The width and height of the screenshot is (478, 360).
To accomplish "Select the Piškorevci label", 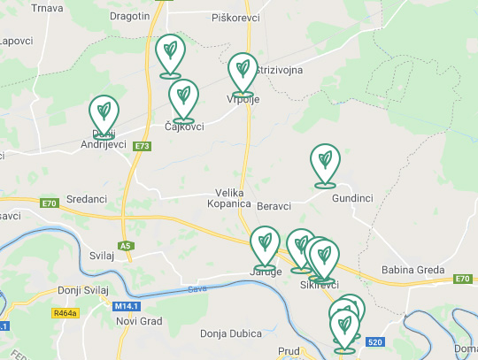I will click(234, 17).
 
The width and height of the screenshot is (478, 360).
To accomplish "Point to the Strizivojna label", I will click(279, 69).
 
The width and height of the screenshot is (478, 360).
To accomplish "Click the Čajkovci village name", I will click(184, 126).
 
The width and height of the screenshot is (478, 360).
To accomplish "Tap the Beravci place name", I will click(274, 206).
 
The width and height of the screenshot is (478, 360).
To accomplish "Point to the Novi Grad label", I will click(137, 319).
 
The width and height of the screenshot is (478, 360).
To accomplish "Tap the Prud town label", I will click(289, 351).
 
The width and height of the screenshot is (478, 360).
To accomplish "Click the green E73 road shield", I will click(143, 146).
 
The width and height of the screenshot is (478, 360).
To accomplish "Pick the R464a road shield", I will click(66, 313).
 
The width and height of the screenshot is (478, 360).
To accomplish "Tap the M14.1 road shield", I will click(127, 306).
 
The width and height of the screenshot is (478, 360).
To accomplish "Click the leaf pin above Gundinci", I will click(325, 165).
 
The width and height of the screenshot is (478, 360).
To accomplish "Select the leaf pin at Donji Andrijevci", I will click(104, 116).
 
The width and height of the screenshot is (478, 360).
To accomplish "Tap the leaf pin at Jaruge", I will click(265, 247).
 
